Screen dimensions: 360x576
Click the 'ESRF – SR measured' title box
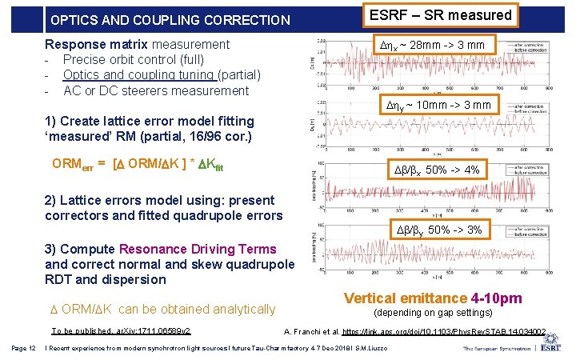[439, 15]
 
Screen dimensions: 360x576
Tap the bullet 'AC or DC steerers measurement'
[156, 90]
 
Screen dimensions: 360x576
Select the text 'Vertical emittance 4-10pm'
[433, 298]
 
